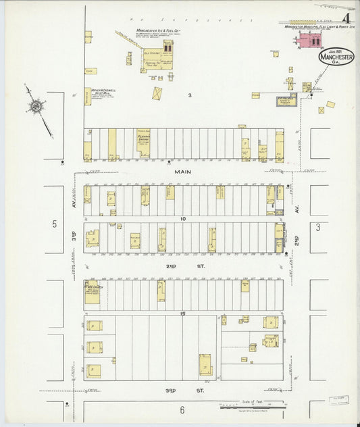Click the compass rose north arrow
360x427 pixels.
point(35,107)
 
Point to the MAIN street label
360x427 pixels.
point(182,172)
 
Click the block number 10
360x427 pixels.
point(182,219)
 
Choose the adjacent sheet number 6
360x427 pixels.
point(182,409)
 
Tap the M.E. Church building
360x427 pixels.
point(91,292)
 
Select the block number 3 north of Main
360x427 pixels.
point(190,95)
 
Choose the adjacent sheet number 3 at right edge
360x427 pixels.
point(318,228)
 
